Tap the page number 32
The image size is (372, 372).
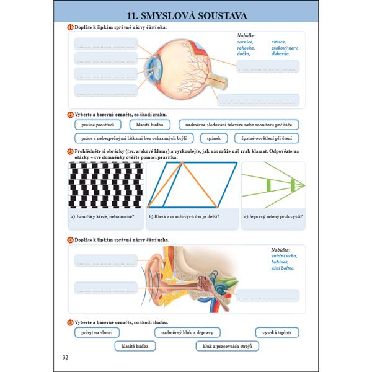pos(66,358)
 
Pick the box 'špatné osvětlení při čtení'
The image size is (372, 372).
pos(271,138)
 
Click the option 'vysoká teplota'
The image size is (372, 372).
pos(271,333)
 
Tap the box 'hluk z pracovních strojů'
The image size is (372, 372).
pos(218,347)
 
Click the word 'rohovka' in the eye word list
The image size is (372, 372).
pos(247,48)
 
